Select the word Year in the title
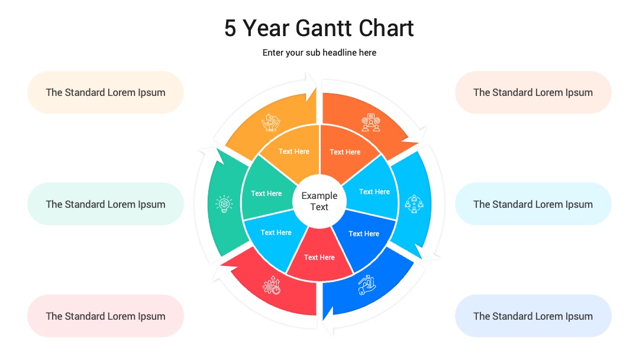point(266,28)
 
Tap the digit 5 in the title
point(230,28)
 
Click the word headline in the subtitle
point(340,53)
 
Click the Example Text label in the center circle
point(319,201)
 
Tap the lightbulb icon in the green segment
point(224,204)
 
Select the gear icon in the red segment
point(272,285)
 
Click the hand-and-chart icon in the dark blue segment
point(367,285)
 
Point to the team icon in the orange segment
point(371,123)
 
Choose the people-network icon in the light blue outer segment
point(414,204)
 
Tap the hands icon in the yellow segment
point(270,123)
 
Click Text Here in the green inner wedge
point(266,194)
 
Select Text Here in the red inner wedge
point(319,258)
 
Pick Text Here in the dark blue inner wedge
point(364,234)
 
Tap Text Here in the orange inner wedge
point(345,152)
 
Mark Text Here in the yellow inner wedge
point(294,152)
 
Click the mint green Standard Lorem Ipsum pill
point(105,204)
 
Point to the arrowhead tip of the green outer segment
point(217,149)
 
